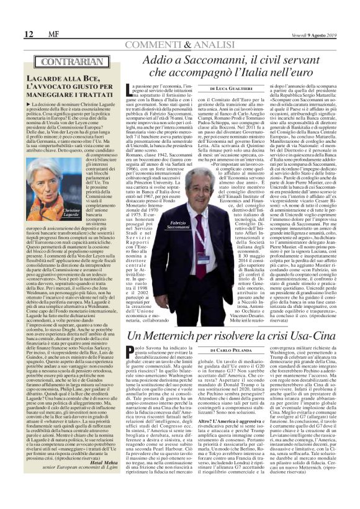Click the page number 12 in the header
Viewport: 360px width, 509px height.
(12, 33)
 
